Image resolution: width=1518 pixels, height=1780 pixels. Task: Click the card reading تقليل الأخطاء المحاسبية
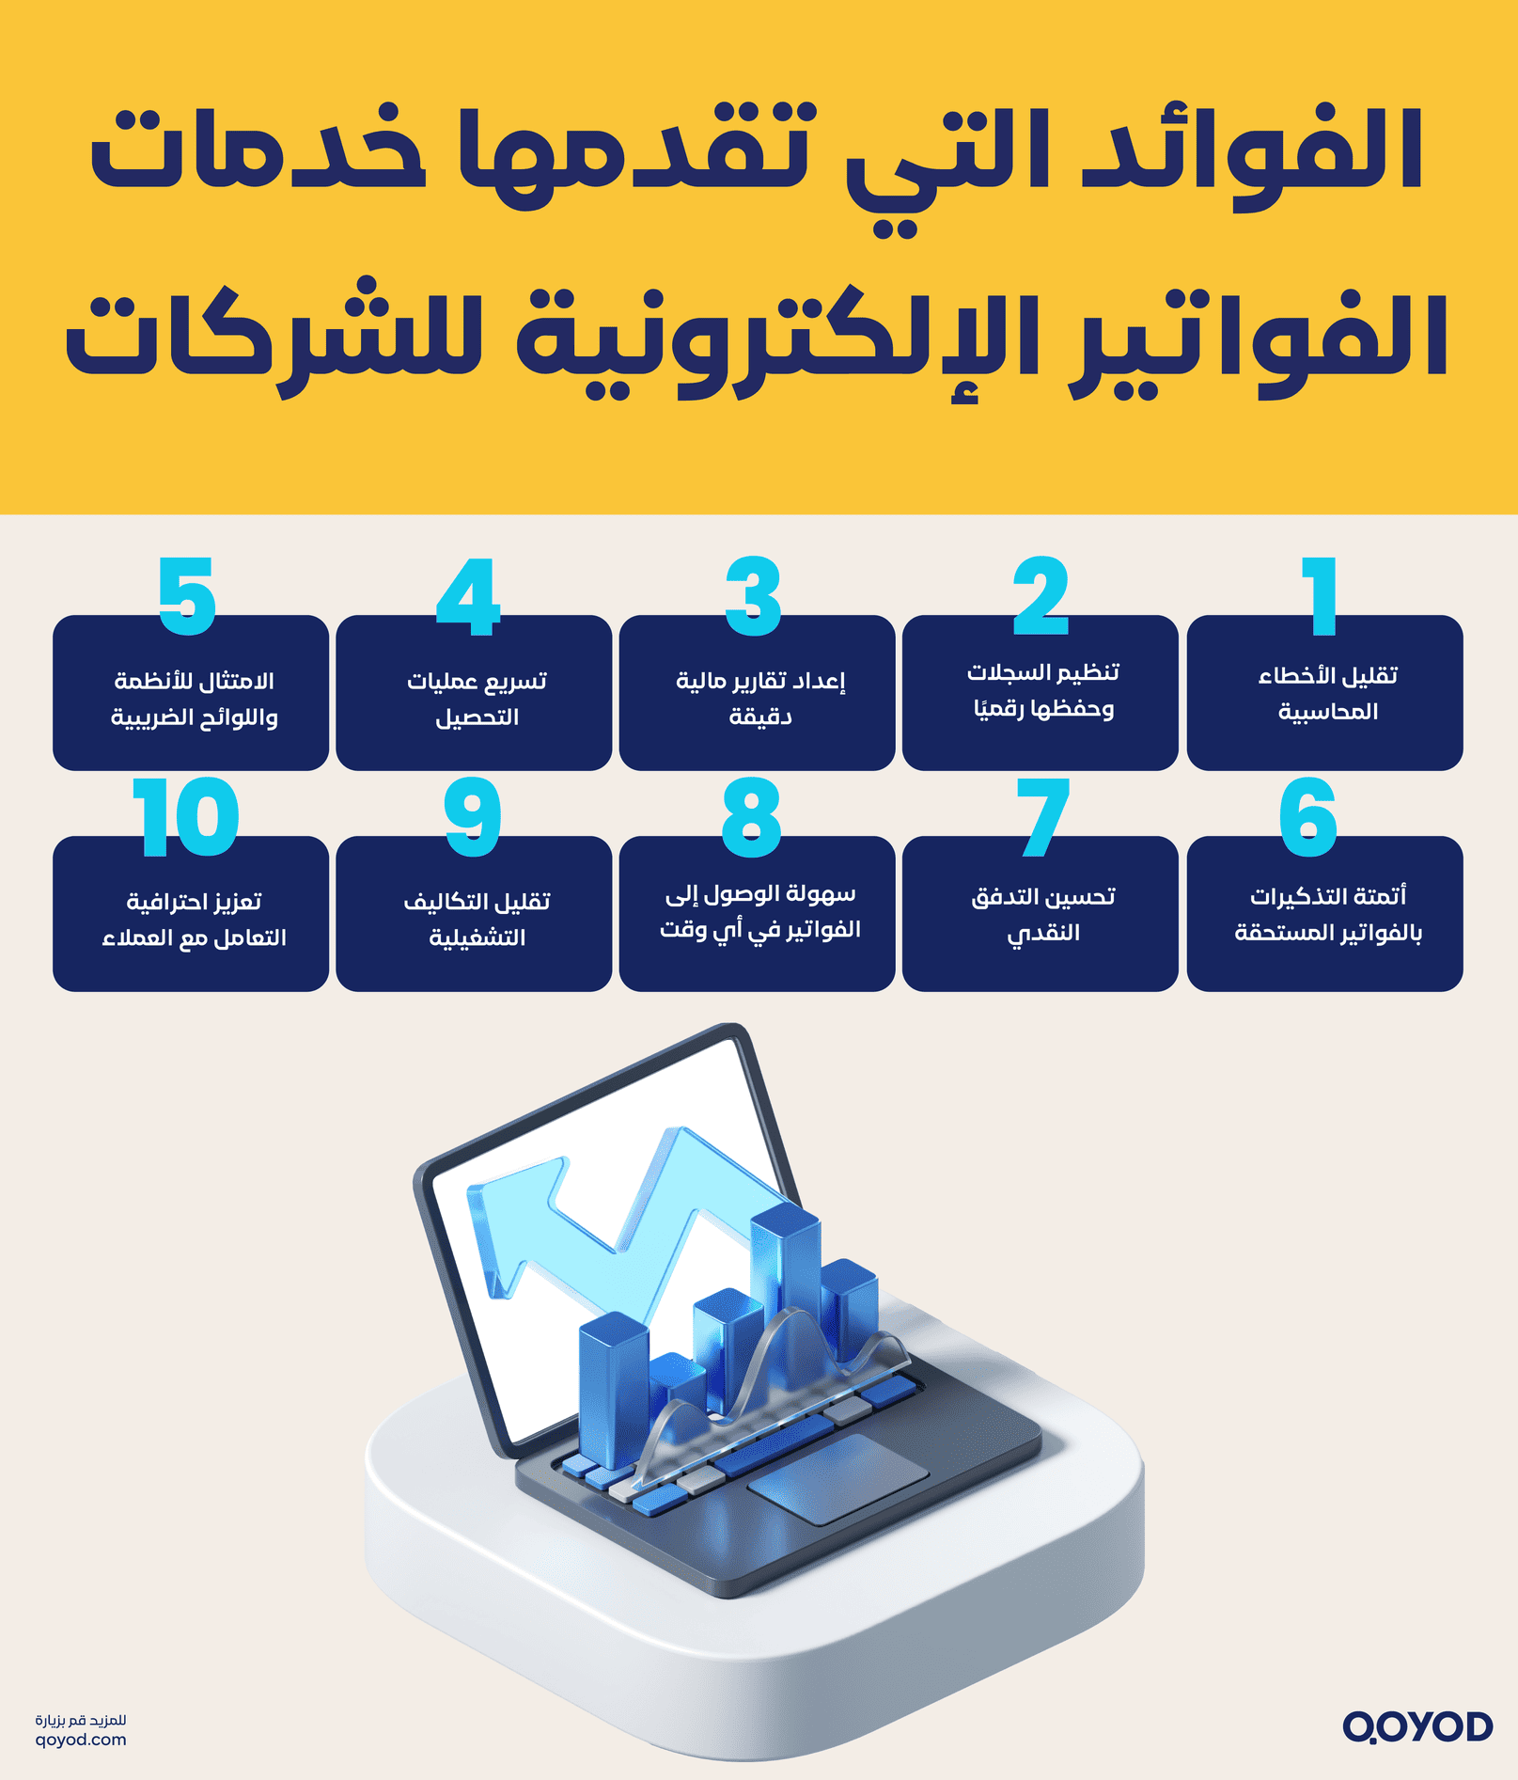1324,694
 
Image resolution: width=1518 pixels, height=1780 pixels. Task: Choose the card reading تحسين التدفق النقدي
1040,914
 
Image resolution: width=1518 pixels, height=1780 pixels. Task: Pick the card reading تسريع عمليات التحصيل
474,698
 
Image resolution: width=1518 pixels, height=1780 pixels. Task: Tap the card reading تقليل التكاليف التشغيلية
474,918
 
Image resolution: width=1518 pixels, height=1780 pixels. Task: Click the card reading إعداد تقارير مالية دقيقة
757,698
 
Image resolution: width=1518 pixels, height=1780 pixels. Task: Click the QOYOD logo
1416,1726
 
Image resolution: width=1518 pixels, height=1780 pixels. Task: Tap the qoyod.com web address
81,1740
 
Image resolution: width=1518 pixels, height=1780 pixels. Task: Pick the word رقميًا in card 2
1000,708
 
